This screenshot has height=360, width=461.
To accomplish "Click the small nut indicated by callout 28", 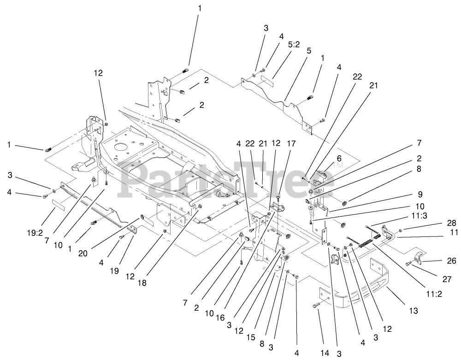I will click(x=400, y=230).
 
